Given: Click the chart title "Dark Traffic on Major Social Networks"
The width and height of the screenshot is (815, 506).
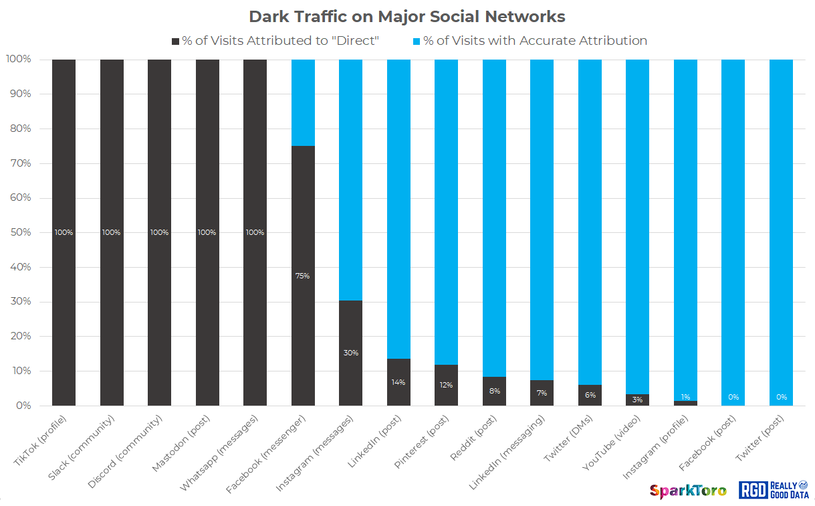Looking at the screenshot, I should (x=407, y=17).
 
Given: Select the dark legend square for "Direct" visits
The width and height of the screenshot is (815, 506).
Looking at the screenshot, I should (x=176, y=41).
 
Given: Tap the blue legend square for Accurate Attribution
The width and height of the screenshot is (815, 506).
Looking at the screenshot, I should (x=417, y=41).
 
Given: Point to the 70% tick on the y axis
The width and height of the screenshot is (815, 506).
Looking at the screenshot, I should (x=19, y=163).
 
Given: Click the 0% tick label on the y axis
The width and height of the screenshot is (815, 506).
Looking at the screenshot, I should (x=21, y=406).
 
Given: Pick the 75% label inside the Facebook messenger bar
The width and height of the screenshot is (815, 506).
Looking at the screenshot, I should (x=302, y=276).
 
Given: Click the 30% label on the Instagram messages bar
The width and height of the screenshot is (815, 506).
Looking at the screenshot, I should (x=350, y=353).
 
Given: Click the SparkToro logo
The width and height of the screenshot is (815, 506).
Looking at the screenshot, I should (x=688, y=491).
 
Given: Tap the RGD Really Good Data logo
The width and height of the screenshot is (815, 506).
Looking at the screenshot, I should (x=773, y=490).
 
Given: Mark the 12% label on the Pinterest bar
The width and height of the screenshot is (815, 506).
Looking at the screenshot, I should (x=446, y=385).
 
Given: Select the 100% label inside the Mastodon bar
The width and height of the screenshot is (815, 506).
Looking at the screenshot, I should (x=207, y=232).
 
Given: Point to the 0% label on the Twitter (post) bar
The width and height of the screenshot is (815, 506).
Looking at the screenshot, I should (x=781, y=397).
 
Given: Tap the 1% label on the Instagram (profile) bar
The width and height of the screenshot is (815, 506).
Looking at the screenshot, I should (x=685, y=397).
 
